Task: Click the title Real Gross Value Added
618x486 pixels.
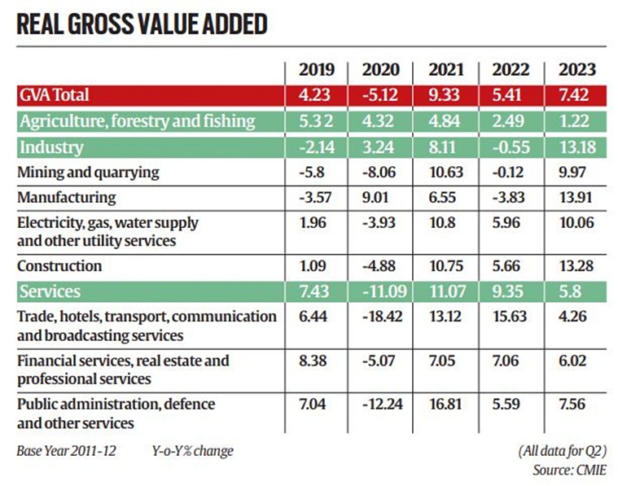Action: (x=142, y=24)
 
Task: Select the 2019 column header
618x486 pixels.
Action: (x=311, y=69)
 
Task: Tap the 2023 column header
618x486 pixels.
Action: (x=573, y=69)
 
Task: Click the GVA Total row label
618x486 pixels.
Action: (x=55, y=95)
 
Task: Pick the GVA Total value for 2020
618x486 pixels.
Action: (x=375, y=95)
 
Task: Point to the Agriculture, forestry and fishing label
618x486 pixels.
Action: (x=138, y=121)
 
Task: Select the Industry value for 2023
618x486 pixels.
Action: (x=573, y=148)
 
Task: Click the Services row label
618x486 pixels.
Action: (x=50, y=291)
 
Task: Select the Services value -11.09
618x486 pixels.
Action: (x=377, y=291)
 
